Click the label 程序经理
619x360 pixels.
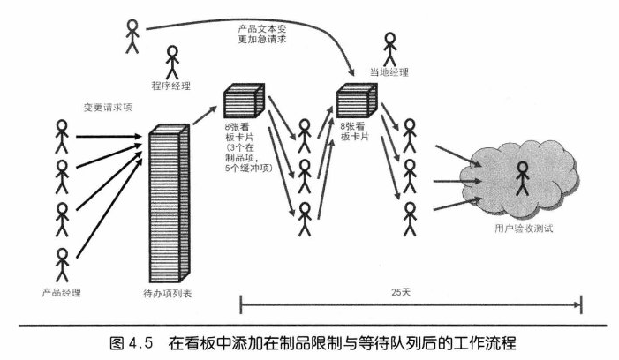(x=171, y=86)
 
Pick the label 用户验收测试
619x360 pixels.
(x=522, y=228)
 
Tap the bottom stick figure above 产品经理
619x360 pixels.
(x=62, y=263)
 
